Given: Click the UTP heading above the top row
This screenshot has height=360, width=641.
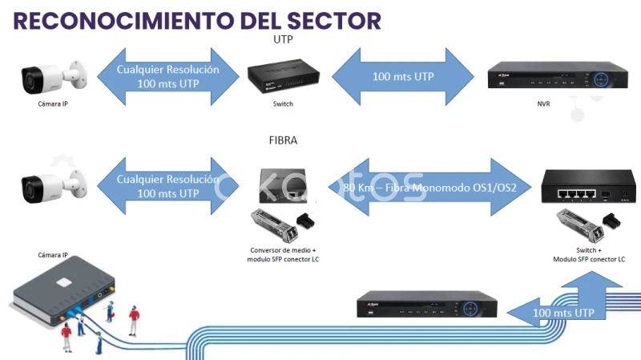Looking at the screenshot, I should [x=283, y=39].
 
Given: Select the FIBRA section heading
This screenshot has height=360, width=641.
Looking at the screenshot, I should [x=283, y=140].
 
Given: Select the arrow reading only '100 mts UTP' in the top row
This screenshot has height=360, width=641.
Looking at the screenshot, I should [x=403, y=77].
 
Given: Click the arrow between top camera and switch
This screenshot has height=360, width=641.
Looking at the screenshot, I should [x=167, y=76].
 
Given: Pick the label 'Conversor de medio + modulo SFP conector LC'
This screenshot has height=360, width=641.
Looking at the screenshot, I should [x=283, y=255].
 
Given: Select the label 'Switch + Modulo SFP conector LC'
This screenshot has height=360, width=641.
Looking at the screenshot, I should [x=588, y=255].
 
